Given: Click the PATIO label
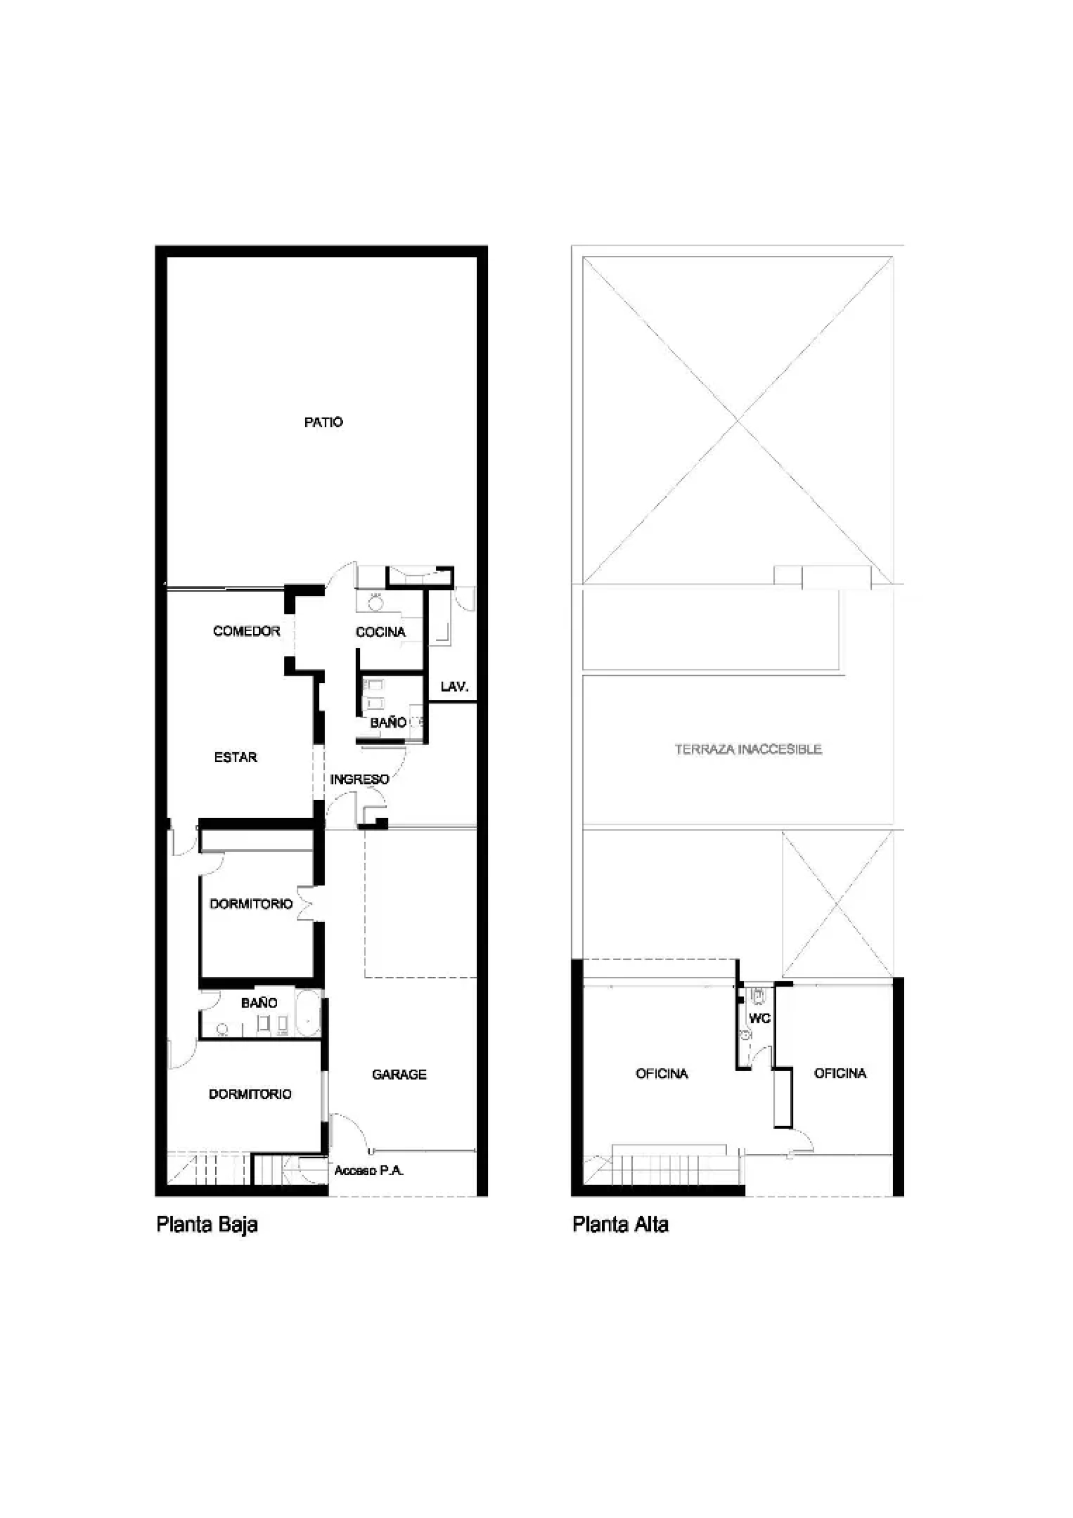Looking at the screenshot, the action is coord(324,422).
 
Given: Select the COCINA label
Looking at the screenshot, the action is coord(381,632).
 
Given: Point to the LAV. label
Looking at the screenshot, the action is coord(454,686).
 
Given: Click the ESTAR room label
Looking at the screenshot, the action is coord(235,757).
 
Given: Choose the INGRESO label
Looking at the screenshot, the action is coord(359,779).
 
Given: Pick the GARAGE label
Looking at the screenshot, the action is coord(399,1075).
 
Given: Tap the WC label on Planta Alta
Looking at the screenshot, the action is coord(759,1018).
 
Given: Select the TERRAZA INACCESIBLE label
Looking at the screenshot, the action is coord(748,749).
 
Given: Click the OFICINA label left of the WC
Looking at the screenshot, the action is coord(662,1073).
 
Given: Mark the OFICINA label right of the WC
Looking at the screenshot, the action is coord(840,1072).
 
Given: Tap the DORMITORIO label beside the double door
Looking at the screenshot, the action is coord(251,903).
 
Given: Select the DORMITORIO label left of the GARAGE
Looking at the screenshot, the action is coord(250,1094).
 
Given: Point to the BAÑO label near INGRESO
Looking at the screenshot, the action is coord(388,723).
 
